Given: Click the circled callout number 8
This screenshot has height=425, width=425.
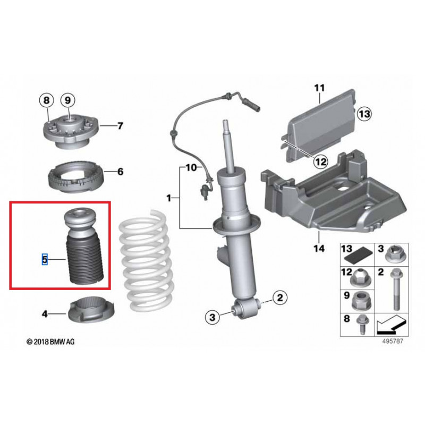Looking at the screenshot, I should click(x=47, y=100).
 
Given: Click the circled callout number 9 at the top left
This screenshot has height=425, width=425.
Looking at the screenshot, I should click(x=68, y=100).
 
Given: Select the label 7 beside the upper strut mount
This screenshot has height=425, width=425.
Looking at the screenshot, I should click(x=120, y=126).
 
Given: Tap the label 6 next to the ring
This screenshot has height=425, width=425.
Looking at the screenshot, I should click(x=120, y=172).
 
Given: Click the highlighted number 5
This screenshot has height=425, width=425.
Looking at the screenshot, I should click(x=45, y=259).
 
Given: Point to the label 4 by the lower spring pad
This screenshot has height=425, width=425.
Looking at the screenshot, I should click(x=45, y=314).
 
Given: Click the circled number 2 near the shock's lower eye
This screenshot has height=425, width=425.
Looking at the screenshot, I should click(x=280, y=297).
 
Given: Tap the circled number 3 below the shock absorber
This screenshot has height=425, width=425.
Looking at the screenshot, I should click(x=212, y=318).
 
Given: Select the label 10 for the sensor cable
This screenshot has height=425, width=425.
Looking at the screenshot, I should click(x=191, y=168).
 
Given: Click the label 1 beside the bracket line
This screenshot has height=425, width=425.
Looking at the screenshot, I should click(x=169, y=198).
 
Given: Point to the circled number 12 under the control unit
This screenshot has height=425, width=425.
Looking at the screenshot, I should click(x=319, y=160).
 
